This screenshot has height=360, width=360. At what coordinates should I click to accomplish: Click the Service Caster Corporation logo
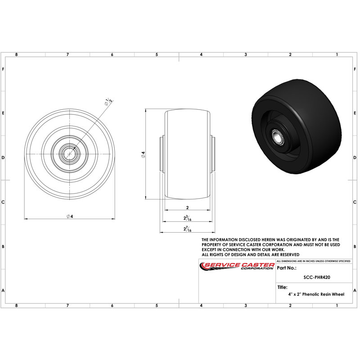[237, 266]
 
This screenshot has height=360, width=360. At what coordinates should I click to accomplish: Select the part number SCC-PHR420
[317, 277]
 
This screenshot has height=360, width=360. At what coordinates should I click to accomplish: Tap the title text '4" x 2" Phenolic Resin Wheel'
[316, 294]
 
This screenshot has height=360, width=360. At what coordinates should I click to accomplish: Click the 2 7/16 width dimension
[187, 229]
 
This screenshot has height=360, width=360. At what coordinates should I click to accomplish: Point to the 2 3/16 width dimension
[187, 218]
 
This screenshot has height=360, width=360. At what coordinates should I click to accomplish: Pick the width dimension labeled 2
[187, 207]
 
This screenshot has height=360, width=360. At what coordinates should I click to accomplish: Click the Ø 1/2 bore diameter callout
[109, 102]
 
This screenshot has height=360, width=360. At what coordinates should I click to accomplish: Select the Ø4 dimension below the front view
[70, 216]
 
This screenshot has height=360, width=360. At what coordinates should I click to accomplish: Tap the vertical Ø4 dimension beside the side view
[143, 154]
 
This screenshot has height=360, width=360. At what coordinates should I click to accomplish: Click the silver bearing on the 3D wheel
[278, 137]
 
